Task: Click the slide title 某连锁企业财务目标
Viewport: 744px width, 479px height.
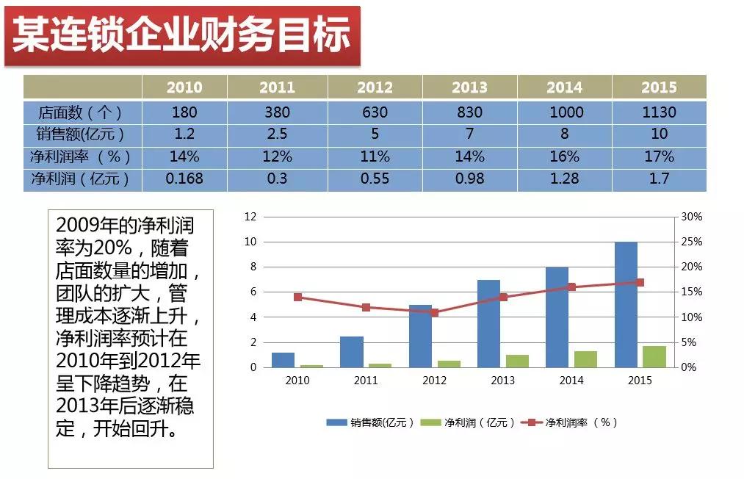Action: (x=182, y=35)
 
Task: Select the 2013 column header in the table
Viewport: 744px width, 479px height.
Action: (x=469, y=87)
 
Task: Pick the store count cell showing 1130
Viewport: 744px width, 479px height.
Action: (x=659, y=112)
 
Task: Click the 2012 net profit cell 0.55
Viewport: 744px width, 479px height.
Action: (x=375, y=179)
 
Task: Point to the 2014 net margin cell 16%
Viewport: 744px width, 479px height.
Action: (x=564, y=156)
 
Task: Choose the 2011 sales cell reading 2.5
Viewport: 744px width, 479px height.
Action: (x=277, y=134)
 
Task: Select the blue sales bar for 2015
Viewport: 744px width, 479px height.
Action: (x=626, y=304)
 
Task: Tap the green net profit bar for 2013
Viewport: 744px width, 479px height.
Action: (x=517, y=361)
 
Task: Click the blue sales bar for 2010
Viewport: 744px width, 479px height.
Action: (x=283, y=359)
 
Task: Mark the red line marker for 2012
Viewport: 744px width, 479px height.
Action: (x=434, y=312)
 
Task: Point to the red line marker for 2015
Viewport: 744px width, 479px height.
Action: (x=640, y=282)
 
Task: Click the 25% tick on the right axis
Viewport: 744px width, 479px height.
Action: (x=692, y=242)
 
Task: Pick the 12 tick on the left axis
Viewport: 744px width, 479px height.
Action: (x=250, y=217)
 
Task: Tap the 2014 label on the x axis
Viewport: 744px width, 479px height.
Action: (x=571, y=381)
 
